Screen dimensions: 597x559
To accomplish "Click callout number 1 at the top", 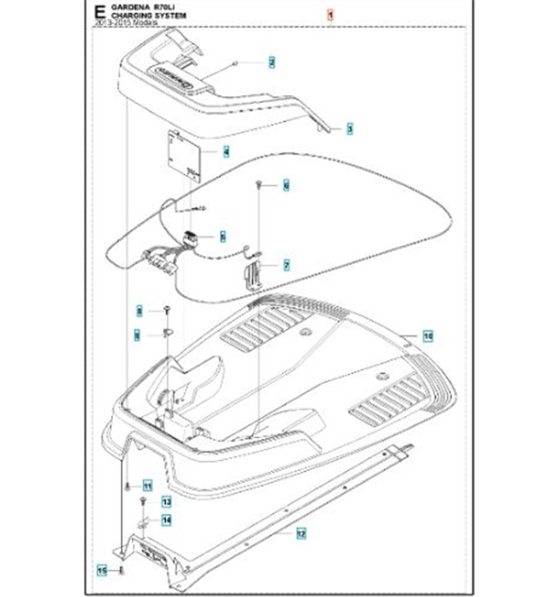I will pyautogui.click(x=331, y=14).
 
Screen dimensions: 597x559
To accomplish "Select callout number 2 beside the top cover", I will pyautogui.click(x=271, y=62).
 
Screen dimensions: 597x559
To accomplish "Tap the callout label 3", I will pyautogui.click(x=350, y=129).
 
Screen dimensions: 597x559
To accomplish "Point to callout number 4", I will pyautogui.click(x=225, y=151).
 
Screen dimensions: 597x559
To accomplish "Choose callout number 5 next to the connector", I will pyautogui.click(x=222, y=236).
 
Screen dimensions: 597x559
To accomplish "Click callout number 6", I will pyautogui.click(x=286, y=185).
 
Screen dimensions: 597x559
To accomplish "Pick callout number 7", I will pyautogui.click(x=286, y=266).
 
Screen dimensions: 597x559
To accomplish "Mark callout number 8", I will pyautogui.click(x=140, y=310).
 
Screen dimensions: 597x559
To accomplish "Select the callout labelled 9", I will pyautogui.click(x=137, y=336).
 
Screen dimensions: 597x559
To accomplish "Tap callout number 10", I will pyautogui.click(x=428, y=336).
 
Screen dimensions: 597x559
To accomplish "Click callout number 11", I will pyautogui.click(x=147, y=485).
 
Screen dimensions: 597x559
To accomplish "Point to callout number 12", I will pyautogui.click(x=301, y=532).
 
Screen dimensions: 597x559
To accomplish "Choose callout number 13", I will pyautogui.click(x=166, y=501).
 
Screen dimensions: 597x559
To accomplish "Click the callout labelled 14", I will pyautogui.click(x=166, y=521).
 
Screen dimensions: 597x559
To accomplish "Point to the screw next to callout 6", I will pyautogui.click(x=260, y=184).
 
